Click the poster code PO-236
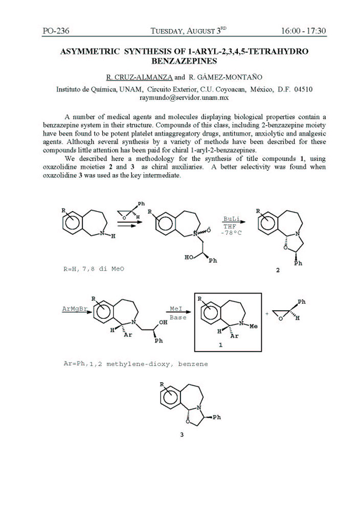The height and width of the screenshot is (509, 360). tap(56, 31)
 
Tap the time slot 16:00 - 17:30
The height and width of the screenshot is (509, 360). tap(303, 31)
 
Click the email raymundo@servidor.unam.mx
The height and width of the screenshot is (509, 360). tap(184, 97)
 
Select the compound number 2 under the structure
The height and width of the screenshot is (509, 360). tap(278, 270)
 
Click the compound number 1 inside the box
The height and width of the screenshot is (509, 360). tap(220, 345)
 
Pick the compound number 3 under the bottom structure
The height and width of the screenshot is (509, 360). tap(181, 435)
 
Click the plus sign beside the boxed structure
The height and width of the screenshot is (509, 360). tap(267, 313)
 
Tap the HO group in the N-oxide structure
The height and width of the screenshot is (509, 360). tap(189, 257)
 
